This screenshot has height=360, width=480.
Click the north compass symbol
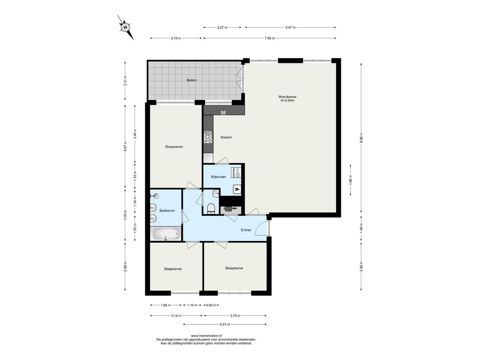click(126, 27)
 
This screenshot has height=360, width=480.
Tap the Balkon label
click(192, 80)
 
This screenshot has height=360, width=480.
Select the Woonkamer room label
click(287, 97)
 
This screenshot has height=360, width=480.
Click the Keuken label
click(226, 137)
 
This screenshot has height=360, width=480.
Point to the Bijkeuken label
click(218, 177)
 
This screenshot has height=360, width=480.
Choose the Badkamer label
click(167, 210)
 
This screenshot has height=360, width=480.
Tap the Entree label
click(246, 230)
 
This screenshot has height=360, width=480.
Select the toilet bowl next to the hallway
click(211, 209)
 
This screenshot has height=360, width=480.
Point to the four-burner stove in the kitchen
click(209, 136)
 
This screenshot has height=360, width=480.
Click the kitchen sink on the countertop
click(224, 112)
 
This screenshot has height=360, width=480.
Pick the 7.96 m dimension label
click(270, 38)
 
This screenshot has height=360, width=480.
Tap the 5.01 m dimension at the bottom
click(225, 324)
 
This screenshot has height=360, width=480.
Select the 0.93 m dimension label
click(211, 305)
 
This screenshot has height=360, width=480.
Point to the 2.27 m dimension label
click(222, 28)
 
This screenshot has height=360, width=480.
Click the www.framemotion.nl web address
click(206, 336)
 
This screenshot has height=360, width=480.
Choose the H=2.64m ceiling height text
click(287, 100)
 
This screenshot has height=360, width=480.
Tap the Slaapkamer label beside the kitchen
click(174, 147)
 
